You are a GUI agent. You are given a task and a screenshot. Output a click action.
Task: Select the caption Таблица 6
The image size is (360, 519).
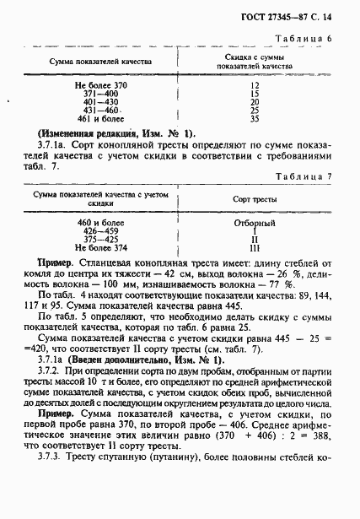pos(311,40)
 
